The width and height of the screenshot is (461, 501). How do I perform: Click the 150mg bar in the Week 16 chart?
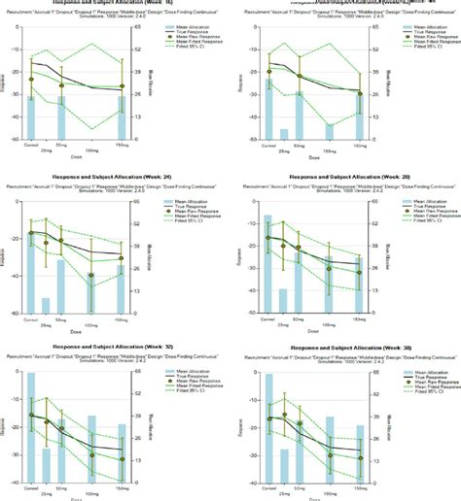click(x=122, y=117)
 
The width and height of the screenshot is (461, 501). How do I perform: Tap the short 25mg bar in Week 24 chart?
click(x=46, y=305)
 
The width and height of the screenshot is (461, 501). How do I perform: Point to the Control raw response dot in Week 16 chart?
click(x=31, y=80)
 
